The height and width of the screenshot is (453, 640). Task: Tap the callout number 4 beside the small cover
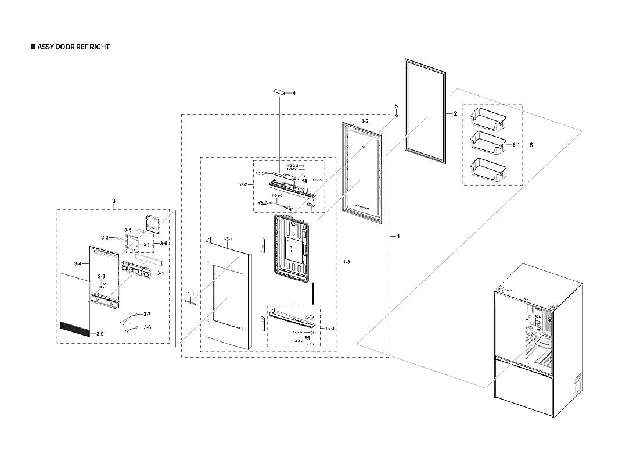point(294,94)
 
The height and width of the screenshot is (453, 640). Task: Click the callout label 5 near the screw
point(396,106)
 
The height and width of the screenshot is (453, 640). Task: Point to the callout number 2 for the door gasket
point(455,114)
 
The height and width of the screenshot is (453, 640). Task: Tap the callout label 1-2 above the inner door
point(365,121)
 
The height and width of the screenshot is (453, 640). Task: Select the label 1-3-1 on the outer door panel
point(228,238)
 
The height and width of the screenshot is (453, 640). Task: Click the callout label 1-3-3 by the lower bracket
point(330,329)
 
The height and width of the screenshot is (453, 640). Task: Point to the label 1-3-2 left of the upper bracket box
point(243,184)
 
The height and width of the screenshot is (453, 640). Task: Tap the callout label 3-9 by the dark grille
point(100,334)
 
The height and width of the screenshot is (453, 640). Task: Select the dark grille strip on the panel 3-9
point(75,330)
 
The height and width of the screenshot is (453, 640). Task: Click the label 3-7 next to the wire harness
point(147,314)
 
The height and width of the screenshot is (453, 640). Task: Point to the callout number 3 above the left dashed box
point(114,201)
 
